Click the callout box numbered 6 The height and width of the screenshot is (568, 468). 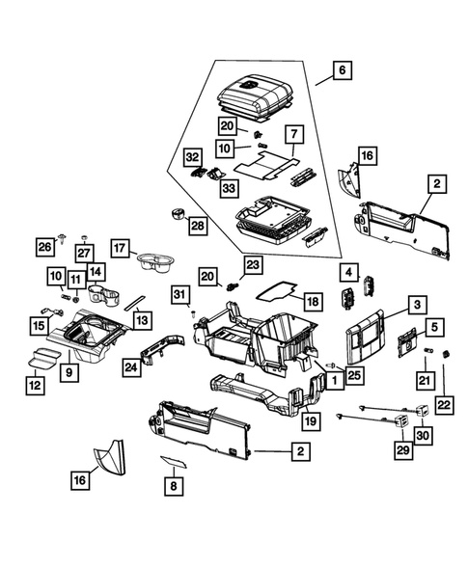point(341,70)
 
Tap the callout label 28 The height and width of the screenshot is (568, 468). point(196,225)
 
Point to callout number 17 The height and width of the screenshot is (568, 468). point(121,248)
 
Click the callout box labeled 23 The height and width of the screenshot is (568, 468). point(252,264)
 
